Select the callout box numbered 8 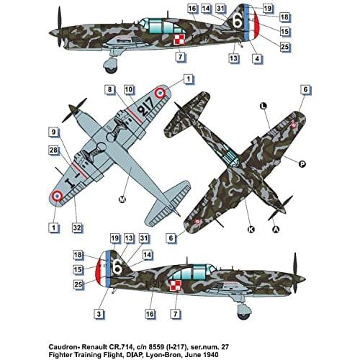tap(110, 90)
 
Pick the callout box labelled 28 tap(54, 149)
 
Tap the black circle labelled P tap(302, 163)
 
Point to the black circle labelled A tap(276, 230)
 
